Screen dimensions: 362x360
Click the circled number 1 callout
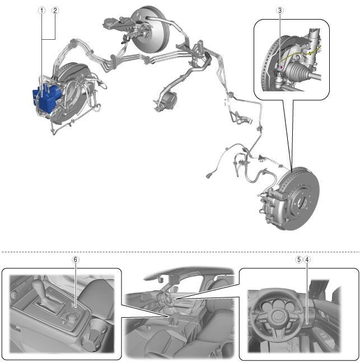click(x=43, y=10)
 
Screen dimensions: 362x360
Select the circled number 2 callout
click(x=55, y=10)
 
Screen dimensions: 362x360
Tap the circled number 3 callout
click(x=279, y=10)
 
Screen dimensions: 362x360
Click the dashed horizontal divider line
click(x=180, y=250)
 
